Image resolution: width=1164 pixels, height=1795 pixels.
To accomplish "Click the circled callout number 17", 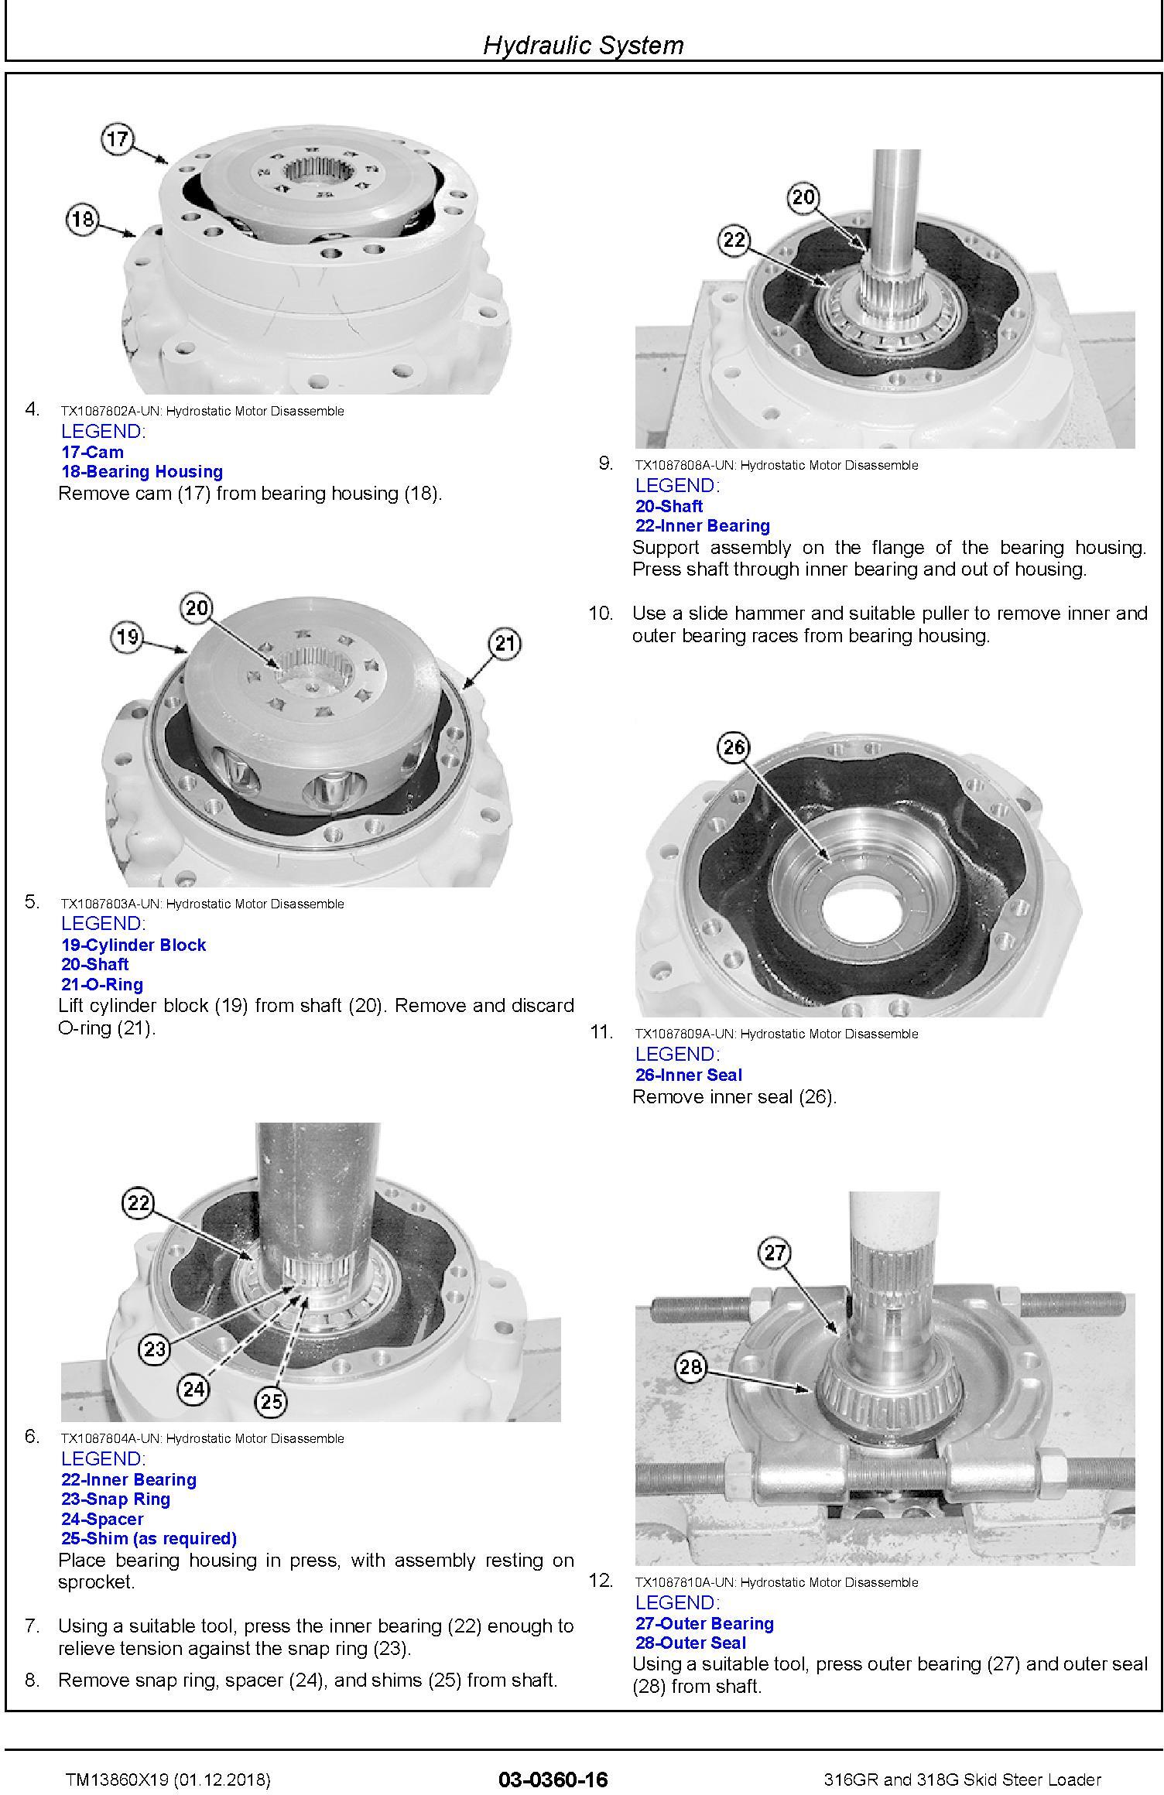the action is tap(118, 139).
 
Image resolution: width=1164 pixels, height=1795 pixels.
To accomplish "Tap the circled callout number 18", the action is tap(84, 219).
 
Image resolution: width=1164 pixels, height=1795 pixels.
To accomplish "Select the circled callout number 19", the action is tap(128, 637).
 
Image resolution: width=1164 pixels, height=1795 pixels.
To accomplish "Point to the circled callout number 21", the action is tap(505, 644).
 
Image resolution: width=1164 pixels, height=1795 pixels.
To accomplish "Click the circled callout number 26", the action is tap(734, 747).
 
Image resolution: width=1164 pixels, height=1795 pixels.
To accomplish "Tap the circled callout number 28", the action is tap(690, 1366).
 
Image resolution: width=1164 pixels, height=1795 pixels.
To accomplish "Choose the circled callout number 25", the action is tap(271, 1401).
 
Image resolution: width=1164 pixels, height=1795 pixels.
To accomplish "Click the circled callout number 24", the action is tap(193, 1390).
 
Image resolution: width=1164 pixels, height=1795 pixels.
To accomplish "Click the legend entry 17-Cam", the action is tap(92, 452).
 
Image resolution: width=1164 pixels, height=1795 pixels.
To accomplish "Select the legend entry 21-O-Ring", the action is tap(102, 984).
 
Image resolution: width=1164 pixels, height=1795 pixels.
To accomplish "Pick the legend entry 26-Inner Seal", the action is tap(689, 1075).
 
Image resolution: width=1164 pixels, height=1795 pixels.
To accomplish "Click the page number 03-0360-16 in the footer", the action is tap(553, 1774).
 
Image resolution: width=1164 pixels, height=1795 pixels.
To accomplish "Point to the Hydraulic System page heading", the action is tap(584, 45).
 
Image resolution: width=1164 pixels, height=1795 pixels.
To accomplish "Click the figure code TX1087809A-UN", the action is tap(686, 1034).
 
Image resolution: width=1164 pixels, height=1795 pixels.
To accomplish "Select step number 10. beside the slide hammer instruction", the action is tap(601, 614).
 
